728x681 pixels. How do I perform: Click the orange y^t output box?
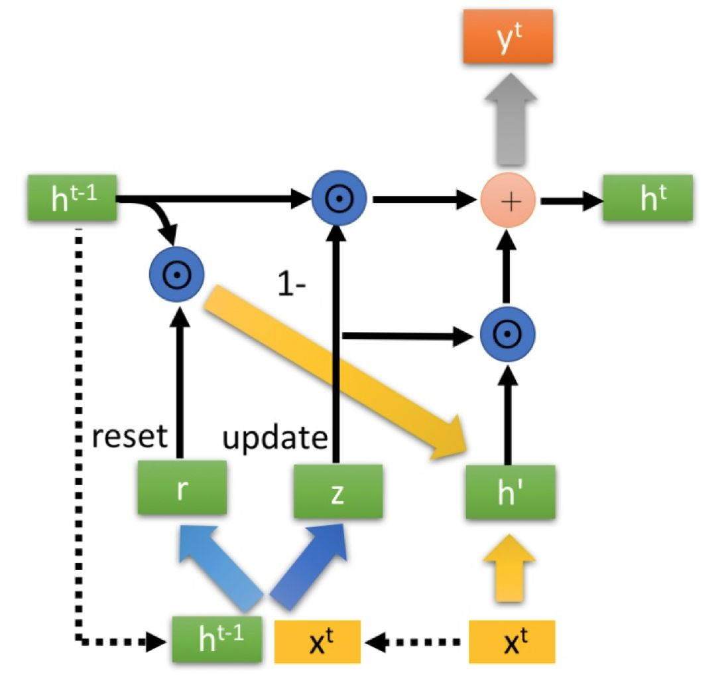tap(507, 37)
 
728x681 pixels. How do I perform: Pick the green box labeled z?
tap(338, 490)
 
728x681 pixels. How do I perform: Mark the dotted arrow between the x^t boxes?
tap(416, 642)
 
